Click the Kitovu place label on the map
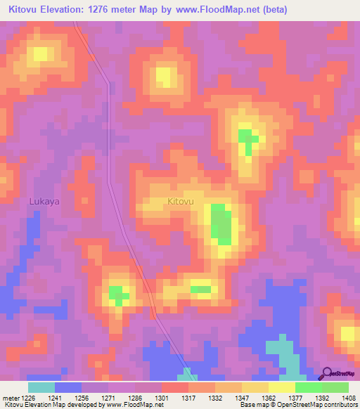(181, 202)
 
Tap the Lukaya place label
(44, 201)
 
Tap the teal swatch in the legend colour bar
(41, 387)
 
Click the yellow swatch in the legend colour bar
(281, 387)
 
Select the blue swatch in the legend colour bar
(68, 387)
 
